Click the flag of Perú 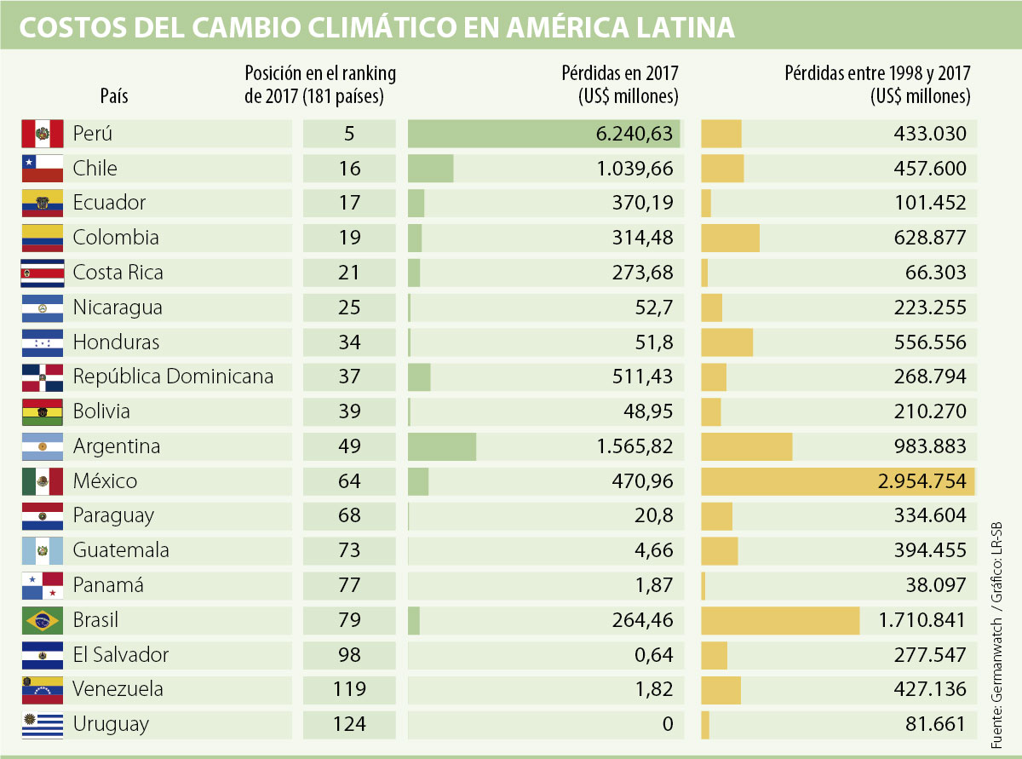pos(42,134)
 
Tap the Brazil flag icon pos(42,620)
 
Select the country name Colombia pos(116,238)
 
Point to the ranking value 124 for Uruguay pos(349,724)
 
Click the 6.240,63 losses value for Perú pos(635,134)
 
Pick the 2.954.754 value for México pos(922,481)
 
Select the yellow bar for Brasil pos(780,620)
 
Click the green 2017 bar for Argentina pos(442,446)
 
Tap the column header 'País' pos(114,96)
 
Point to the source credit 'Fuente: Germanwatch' pos(998,673)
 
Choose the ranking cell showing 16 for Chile pos(349,169)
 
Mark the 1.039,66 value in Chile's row pos(635,169)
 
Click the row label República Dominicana pos(173,377)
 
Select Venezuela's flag pos(42,689)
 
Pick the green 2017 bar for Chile pos(431,169)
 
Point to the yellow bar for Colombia pos(731,238)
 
